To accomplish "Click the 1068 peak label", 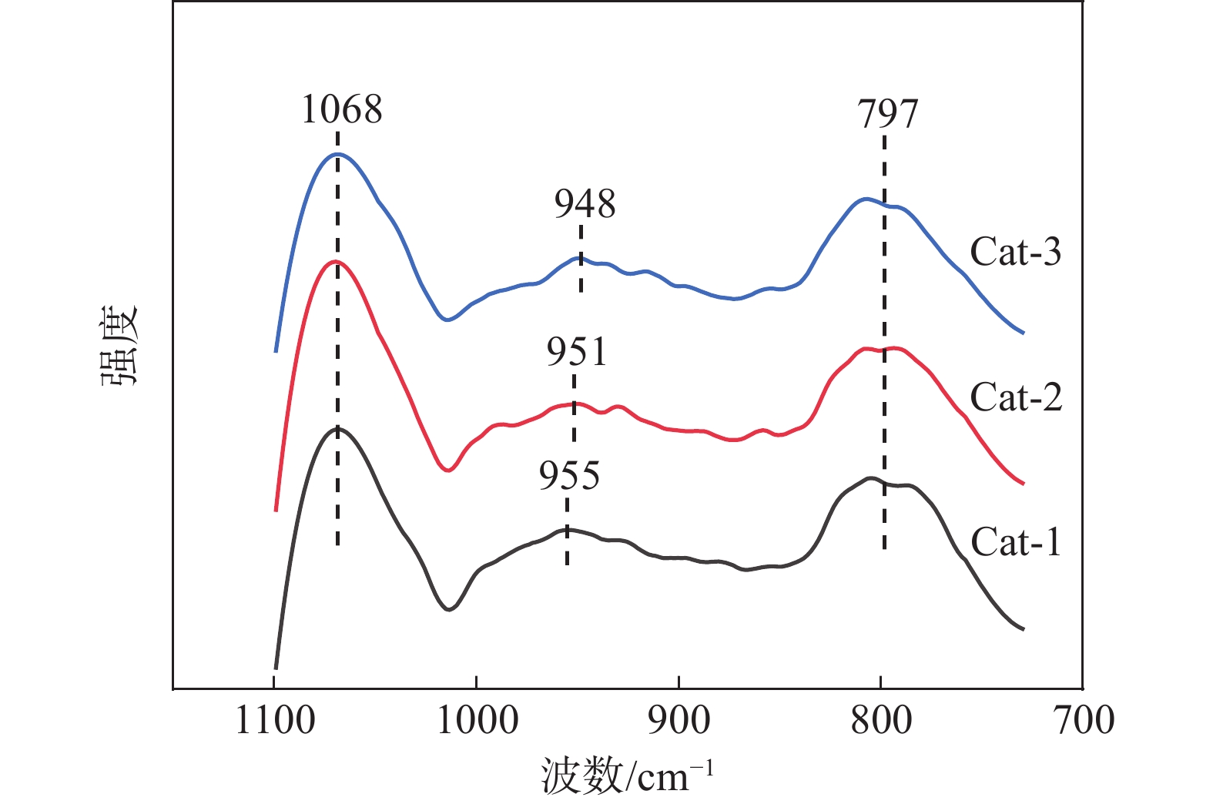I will click(341, 109).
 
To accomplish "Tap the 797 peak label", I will click(888, 114).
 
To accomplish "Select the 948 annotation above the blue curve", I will click(585, 204).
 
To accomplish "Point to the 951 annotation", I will click(577, 352).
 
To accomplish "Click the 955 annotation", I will click(569, 476).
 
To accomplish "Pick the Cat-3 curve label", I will click(1015, 252).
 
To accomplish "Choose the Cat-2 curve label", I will click(1015, 397).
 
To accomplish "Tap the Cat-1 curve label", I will click(1015, 542).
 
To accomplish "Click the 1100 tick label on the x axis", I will click(275, 721).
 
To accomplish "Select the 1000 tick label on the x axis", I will click(477, 721).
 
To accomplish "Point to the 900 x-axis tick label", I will click(679, 721).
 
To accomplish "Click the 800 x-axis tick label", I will click(881, 721).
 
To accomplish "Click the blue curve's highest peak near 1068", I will click(337, 154).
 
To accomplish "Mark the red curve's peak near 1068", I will click(337, 262).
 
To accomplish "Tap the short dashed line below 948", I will click(581, 259).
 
